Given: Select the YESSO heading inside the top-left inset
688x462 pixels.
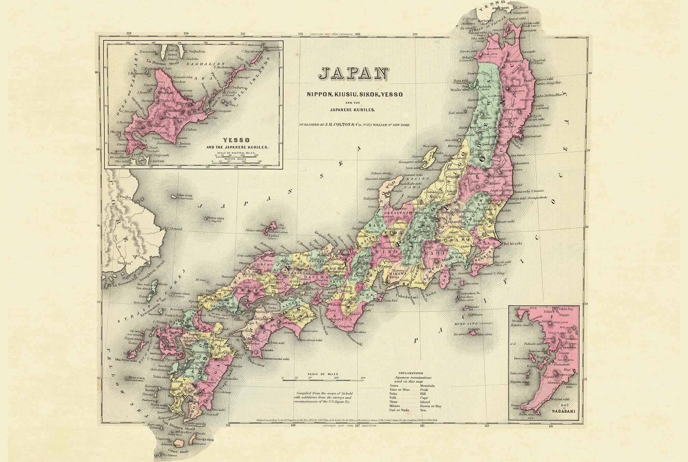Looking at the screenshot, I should pos(237,140).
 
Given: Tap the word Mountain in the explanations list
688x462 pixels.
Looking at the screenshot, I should pos(428,386).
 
